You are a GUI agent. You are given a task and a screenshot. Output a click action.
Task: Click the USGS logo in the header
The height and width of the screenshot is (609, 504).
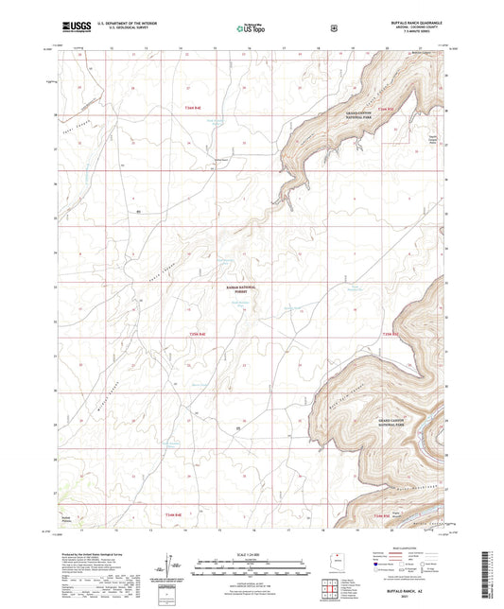[74, 28]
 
